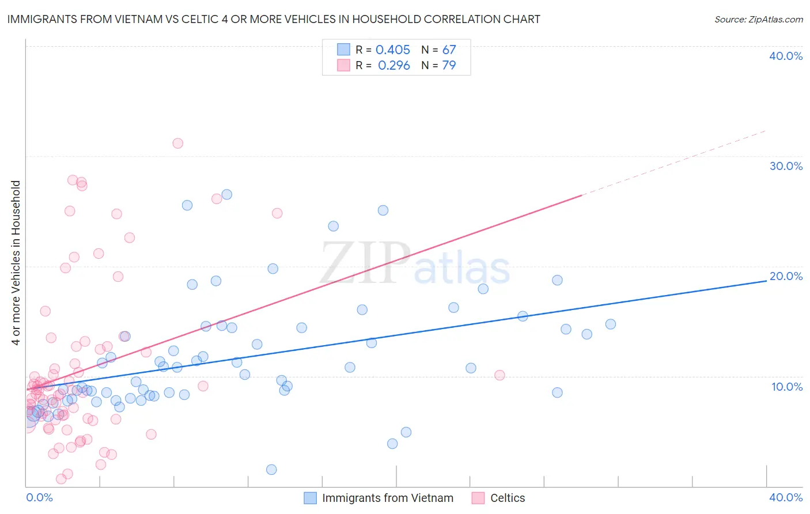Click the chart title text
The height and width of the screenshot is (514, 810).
pos(274,19)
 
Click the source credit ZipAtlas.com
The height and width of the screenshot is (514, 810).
pos(758,19)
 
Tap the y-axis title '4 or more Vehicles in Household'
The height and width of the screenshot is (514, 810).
pos(16,263)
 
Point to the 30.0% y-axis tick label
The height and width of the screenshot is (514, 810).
pos(786,166)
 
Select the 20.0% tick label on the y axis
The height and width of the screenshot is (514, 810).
pos(786,276)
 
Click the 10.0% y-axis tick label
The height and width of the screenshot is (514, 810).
pos(787,387)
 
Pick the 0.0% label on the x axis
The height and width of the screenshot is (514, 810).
pos(39,497)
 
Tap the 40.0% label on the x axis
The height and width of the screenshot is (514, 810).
pos(786,497)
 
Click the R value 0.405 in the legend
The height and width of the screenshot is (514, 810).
pos(393,50)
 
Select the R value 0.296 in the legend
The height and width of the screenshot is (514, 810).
pos(394,66)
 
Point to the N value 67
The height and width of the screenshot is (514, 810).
pos(449,50)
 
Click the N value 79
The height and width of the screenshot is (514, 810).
pos(449,66)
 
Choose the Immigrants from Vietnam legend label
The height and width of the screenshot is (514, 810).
pos(388,498)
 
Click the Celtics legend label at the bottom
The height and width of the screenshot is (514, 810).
pos(508,498)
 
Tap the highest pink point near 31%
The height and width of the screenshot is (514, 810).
pos(177,143)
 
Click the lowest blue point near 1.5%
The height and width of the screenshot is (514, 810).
pos(271,470)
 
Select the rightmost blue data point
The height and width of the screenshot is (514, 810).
pos(611,324)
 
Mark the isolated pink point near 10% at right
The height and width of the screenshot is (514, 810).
pos(499,375)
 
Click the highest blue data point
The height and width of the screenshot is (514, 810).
pos(227,195)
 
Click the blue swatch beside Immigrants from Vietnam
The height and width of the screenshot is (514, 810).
pos(310,498)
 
